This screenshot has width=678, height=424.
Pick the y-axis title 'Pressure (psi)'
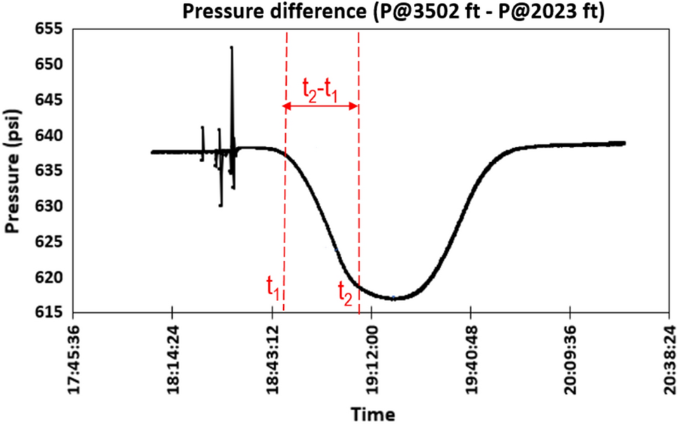pos(13,172)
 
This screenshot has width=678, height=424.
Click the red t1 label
pos(273,287)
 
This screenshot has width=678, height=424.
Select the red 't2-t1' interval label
pos(320,92)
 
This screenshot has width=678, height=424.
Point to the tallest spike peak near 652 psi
pos(231,48)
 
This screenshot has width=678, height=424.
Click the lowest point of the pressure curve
pos(393,298)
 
